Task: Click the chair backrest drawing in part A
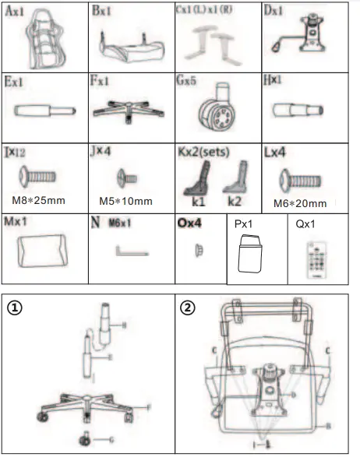pyautogui.click(x=44, y=40)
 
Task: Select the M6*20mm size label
pyautogui.click(x=299, y=199)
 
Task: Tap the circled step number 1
pyautogui.click(x=14, y=308)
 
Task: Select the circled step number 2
pyautogui.click(x=188, y=307)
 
